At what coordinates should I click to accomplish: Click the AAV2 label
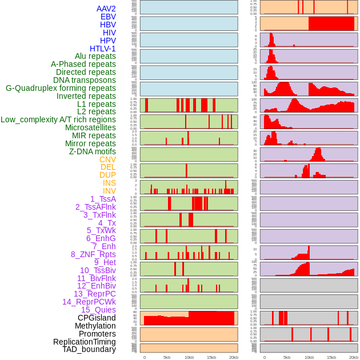[x=106, y=9]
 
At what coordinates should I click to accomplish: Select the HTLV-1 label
[x=102, y=49]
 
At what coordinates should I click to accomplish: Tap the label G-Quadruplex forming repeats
[x=61, y=88]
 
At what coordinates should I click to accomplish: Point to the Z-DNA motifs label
[x=92, y=151]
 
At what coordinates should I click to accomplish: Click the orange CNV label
[x=107, y=159]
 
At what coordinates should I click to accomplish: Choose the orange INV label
[x=109, y=191]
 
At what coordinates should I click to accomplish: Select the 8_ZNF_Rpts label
[x=93, y=254]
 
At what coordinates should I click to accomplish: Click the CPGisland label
[x=97, y=318]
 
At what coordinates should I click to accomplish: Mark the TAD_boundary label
[x=89, y=349]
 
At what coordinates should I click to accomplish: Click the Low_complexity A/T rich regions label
[x=58, y=119]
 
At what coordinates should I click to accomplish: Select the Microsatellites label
[x=90, y=127]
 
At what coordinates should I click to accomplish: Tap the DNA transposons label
[x=85, y=80]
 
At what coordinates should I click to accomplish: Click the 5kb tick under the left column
[x=167, y=357]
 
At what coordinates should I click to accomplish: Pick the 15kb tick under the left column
[x=211, y=357]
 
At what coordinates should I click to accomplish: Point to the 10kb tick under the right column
[x=309, y=357]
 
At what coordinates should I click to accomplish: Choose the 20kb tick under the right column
[x=354, y=357]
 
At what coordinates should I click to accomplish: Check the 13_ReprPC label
[x=94, y=294]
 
